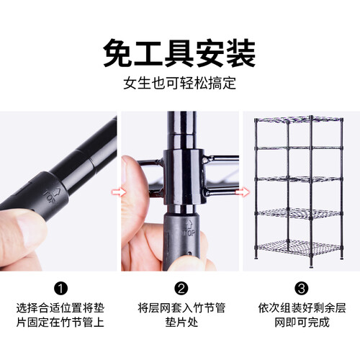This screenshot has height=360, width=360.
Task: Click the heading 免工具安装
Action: pos(179,53)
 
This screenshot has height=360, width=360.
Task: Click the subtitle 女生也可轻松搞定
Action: pos(180,84)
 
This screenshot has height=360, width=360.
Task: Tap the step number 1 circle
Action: pos(60,288)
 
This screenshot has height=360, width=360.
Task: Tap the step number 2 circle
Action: pos(181,288)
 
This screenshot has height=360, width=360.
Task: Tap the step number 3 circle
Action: pos(302,288)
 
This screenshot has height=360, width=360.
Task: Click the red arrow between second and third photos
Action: pos(243,192)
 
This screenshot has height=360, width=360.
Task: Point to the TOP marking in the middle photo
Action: pos(189,228)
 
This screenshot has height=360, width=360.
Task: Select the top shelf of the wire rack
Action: pos(299,120)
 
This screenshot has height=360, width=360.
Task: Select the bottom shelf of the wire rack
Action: pos(299,246)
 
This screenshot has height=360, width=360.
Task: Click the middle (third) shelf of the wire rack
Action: pos(299,179)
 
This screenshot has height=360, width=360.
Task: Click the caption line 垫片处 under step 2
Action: pos(181,322)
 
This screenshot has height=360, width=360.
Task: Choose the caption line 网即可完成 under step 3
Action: pos(302,322)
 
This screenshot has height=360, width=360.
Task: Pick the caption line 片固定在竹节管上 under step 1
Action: pos(60,322)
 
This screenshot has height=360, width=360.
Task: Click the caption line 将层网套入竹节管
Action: pos(181,308)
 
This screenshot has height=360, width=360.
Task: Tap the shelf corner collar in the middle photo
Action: pos(184,177)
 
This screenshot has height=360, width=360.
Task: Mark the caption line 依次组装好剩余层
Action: pos(302,308)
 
